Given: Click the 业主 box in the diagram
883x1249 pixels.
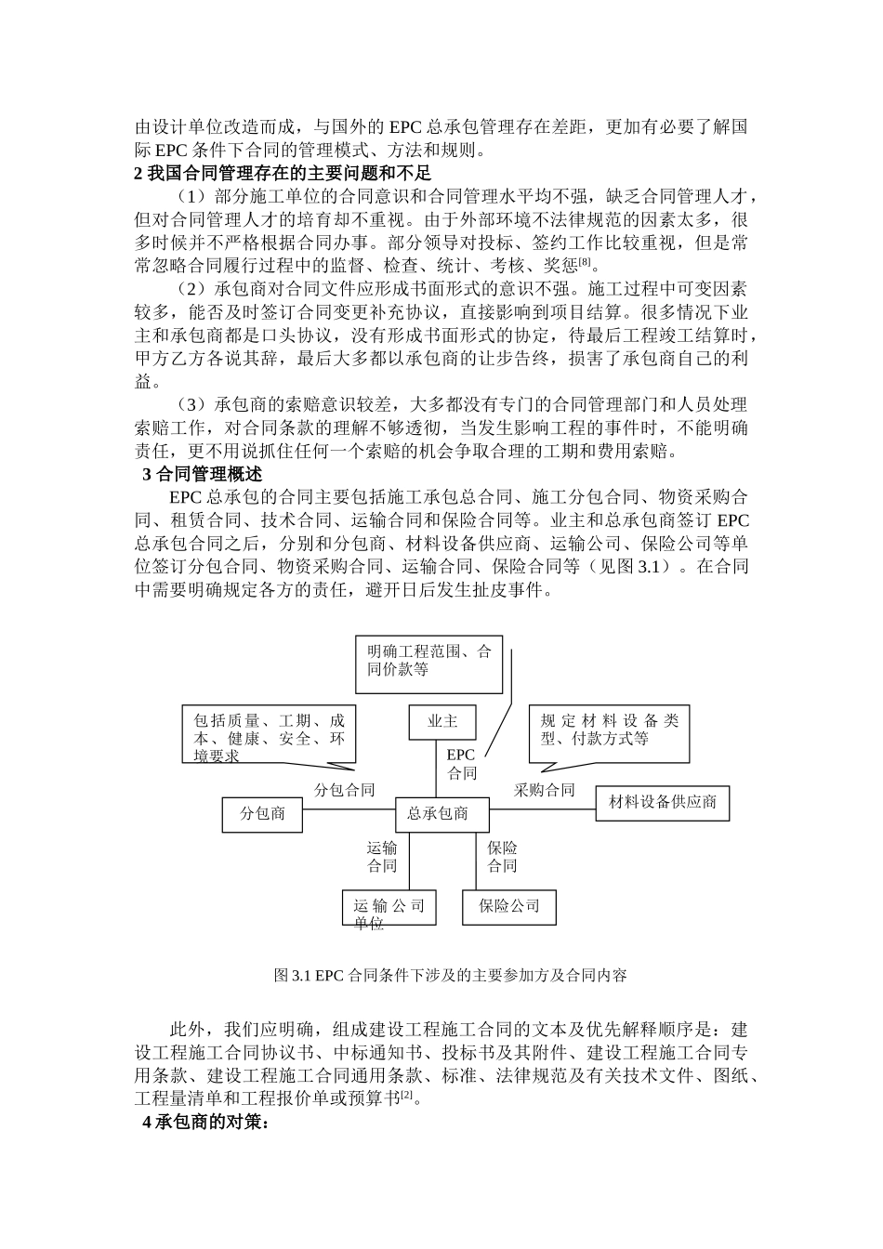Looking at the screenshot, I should point(442,722).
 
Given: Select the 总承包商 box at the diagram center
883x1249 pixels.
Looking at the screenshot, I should point(437,814).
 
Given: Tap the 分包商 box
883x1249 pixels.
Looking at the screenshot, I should point(263,814).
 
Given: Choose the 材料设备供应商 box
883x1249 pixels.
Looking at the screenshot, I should point(662,803).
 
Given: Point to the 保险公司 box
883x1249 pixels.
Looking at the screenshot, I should point(508,906).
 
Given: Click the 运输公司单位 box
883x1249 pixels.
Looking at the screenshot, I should point(389,910).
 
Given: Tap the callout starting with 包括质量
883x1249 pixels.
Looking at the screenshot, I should point(269,736).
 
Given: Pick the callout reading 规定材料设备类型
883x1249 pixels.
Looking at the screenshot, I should point(609,730).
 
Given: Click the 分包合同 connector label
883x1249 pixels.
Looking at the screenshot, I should point(344,791).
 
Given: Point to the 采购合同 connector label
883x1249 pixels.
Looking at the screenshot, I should point(544,791).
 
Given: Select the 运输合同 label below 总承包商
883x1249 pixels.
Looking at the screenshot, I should point(382,857).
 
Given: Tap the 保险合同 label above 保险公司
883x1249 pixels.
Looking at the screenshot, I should point(502,857).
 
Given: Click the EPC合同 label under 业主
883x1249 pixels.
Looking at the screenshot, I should point(461,764).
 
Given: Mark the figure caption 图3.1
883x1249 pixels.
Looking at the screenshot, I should point(451,976).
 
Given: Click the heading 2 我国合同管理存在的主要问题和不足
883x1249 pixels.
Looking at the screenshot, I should point(283,173).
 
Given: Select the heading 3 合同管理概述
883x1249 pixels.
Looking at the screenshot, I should point(202,474).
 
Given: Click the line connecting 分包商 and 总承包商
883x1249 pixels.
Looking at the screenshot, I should point(349,809).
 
